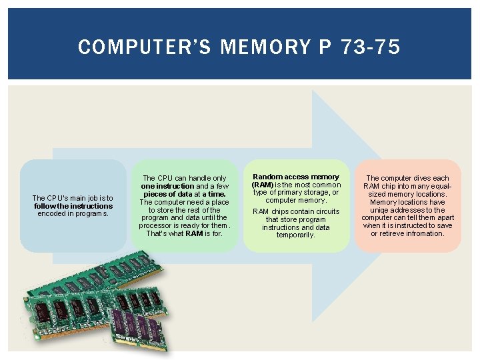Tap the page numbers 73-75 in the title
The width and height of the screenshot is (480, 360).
point(370,47)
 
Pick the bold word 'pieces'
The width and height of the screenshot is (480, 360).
point(157,194)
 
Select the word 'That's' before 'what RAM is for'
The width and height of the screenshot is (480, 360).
point(156,233)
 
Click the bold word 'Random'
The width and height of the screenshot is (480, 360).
point(268,177)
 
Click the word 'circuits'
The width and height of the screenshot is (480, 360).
point(323,211)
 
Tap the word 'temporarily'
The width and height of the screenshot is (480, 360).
point(295,235)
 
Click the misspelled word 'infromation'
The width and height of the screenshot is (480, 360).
point(427,233)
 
